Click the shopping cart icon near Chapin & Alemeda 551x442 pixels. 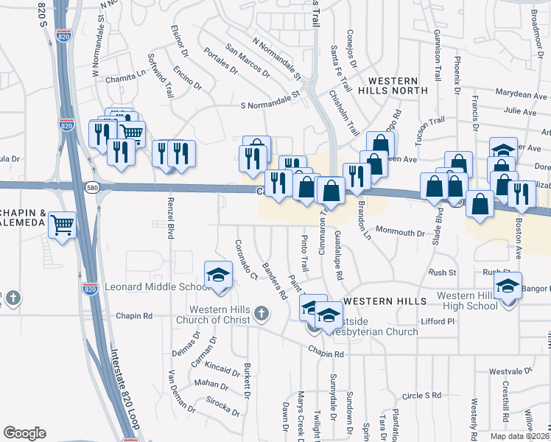point(63,223)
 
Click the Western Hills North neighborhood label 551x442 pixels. point(393,85)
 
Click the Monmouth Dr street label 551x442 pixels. point(400,232)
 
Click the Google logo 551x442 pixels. point(24,433)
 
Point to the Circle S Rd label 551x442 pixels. point(422,396)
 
